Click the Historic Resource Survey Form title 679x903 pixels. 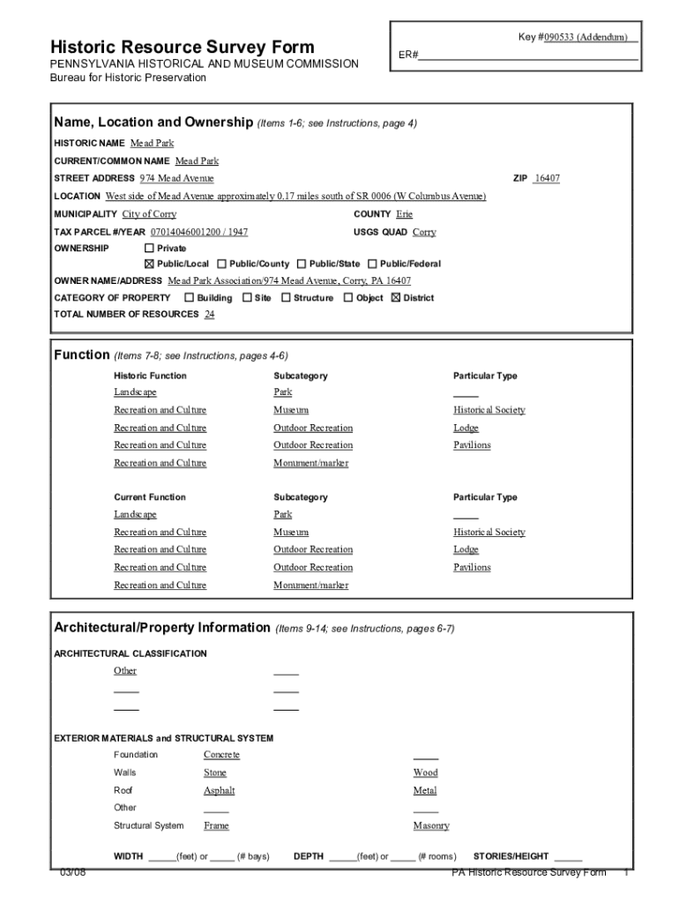click(182, 47)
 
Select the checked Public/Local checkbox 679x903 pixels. click(149, 264)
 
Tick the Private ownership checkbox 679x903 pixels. click(149, 249)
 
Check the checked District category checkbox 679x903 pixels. click(396, 298)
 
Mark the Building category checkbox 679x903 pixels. click(189, 298)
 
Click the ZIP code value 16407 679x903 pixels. click(547, 179)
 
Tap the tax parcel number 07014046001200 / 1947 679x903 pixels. click(199, 232)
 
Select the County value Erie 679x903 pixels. click(404, 214)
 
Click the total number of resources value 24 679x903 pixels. click(209, 315)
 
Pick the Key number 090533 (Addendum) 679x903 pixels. click(583, 37)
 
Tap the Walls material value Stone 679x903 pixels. click(215, 773)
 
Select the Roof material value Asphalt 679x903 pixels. click(220, 791)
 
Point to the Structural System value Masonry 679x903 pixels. click(431, 826)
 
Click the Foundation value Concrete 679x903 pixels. click(221, 755)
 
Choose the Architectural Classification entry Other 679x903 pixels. click(125, 671)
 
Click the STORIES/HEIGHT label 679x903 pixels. click(511, 856)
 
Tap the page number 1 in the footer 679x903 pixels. click(624, 873)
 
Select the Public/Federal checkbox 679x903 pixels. click(373, 264)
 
